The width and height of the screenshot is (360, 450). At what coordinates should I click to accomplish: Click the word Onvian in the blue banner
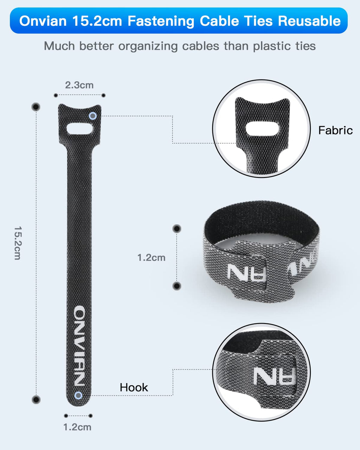point(43,21)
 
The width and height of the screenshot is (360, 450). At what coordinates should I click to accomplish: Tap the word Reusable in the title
point(309,21)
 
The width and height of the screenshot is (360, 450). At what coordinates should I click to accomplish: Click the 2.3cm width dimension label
point(79,85)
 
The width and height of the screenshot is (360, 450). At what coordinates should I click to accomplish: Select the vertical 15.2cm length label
point(18,243)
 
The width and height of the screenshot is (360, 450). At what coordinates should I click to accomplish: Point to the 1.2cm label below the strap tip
point(77,427)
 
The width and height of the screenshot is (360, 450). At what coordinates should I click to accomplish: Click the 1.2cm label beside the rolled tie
point(152,258)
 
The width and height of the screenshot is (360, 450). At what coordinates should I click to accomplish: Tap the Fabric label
point(335,130)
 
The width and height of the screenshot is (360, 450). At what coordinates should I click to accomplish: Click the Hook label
point(134,387)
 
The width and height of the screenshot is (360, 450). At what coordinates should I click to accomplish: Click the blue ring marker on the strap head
point(93,116)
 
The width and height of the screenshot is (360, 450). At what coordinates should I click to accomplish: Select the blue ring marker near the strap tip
point(78,396)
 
